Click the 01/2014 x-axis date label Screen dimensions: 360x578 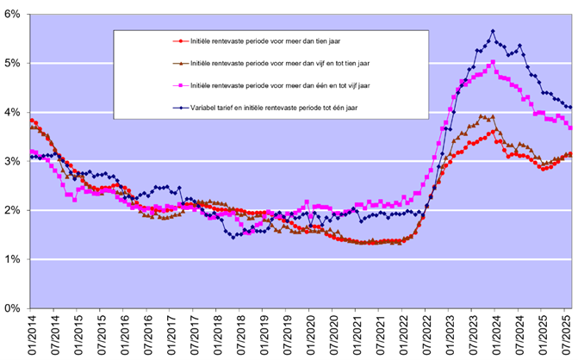pyautogui.click(x=31, y=335)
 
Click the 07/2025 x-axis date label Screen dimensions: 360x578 pyautogui.click(x=566, y=335)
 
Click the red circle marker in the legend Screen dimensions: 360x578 pyautogui.click(x=177, y=40)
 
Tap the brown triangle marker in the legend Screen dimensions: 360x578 pyautogui.click(x=177, y=63)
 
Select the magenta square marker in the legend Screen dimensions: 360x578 pyautogui.click(x=177, y=85)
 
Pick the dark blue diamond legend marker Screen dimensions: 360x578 pyautogui.click(x=177, y=108)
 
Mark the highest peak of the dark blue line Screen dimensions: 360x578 pyautogui.click(x=493, y=31)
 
